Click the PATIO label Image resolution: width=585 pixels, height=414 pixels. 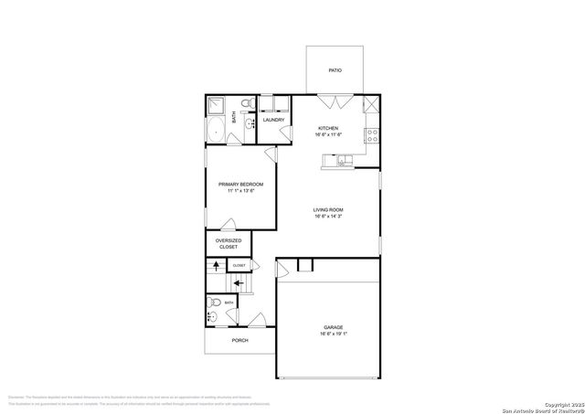pos(335,70)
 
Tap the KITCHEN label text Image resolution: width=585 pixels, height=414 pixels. pos(328,128)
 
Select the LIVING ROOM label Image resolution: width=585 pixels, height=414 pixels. pos(328,209)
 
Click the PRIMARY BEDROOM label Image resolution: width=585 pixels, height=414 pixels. pos(240,185)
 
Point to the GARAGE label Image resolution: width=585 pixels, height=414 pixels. pos(333,327)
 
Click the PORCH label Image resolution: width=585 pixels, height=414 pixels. pos(239,340)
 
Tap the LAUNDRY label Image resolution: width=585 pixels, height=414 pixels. pos(273,120)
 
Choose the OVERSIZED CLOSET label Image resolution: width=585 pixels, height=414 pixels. pos(228,244)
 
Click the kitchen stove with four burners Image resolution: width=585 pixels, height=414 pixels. pos(372,133)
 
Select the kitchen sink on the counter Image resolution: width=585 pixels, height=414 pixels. pos(341,162)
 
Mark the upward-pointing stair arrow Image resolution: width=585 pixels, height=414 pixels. pos(216,266)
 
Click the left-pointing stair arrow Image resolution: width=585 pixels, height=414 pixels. pos(238,284)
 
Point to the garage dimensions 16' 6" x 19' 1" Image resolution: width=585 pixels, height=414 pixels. pos(333,334)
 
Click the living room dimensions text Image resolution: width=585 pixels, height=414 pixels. pos(328,217)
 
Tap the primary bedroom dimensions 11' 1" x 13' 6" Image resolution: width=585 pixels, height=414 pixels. pos(240,191)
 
